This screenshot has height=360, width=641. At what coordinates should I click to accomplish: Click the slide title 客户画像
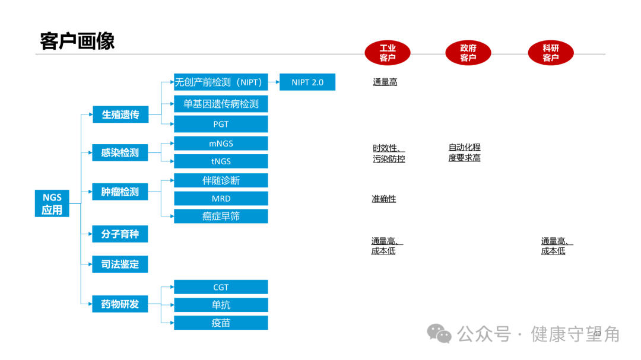click(77, 41)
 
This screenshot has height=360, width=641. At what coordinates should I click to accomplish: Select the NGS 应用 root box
click(52, 203)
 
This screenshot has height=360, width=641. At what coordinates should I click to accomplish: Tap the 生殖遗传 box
click(120, 114)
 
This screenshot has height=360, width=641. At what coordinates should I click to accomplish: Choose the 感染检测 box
click(120, 152)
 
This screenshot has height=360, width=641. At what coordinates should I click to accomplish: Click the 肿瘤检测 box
click(120, 192)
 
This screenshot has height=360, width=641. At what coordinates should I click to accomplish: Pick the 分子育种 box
click(120, 234)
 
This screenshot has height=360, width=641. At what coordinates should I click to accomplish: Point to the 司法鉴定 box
click(120, 264)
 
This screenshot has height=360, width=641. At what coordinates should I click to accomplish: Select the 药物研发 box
click(120, 304)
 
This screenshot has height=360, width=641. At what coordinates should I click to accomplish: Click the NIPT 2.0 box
click(307, 82)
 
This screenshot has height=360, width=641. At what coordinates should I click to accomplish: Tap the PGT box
click(221, 124)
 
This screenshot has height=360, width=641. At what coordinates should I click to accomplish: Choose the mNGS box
click(221, 143)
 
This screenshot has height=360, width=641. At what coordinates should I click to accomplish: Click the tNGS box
click(221, 161)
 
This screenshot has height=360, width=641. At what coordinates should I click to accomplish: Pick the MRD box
click(221, 199)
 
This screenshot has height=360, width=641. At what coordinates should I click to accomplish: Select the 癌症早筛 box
click(221, 216)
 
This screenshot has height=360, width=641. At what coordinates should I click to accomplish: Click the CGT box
click(221, 287)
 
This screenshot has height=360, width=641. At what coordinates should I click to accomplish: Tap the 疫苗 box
click(221, 323)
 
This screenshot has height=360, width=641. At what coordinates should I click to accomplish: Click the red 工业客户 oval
click(388, 53)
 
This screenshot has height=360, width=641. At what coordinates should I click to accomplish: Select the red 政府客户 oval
click(468, 53)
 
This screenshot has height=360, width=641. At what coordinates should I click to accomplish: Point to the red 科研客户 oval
click(551, 53)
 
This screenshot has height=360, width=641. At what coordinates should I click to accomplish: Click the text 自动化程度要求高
click(465, 152)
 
